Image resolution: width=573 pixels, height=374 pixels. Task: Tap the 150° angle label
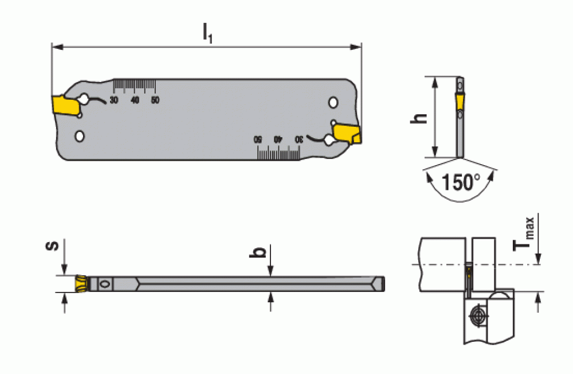[461, 182]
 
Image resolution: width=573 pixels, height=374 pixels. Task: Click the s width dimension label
[52, 245]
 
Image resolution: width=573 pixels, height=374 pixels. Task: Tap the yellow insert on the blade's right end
[348, 134]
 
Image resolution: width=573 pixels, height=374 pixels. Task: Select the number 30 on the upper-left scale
[114, 100]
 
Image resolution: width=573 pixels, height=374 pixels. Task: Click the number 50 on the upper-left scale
[155, 100]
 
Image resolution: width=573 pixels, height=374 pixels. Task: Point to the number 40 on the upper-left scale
[135, 100]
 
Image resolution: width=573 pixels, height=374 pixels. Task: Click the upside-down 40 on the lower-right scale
[278, 139]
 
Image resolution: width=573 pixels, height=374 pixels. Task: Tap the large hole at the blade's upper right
[333, 103]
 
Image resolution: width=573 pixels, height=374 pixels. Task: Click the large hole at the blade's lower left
[79, 137]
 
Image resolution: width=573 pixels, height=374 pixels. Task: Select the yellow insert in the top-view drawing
[82, 284]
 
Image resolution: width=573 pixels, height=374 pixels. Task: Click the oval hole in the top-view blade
[105, 284]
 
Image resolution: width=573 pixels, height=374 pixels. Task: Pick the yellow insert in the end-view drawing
[460, 101]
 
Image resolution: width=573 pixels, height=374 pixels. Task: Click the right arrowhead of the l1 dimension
[356, 47]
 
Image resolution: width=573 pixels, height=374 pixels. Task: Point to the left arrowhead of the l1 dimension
[57, 47]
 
